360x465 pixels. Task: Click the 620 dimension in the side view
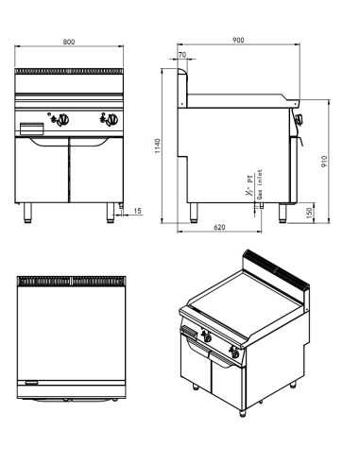pyautogui.click(x=218, y=229)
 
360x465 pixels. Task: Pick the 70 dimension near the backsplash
pyautogui.click(x=182, y=56)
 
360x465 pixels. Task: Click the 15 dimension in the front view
pyautogui.click(x=139, y=211)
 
